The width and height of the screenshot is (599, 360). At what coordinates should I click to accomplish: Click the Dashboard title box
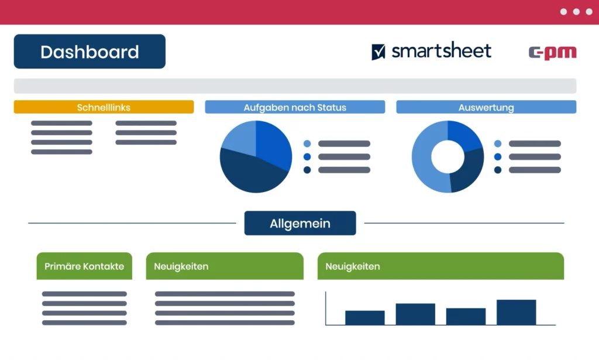pos(89,52)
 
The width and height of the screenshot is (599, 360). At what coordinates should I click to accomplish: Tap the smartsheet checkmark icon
pos(378,52)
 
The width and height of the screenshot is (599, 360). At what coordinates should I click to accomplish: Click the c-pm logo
pos(552,53)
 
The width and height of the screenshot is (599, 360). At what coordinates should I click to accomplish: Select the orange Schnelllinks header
pos(104,107)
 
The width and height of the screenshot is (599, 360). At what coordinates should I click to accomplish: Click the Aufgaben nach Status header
pos(295,107)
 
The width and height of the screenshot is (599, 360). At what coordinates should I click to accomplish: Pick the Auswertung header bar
pos(486,107)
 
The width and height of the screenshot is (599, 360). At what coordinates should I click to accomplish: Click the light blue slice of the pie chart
pos(240,138)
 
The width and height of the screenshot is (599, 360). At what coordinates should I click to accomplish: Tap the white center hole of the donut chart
pos(447,157)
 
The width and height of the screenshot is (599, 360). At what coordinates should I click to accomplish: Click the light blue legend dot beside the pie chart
pos(307,143)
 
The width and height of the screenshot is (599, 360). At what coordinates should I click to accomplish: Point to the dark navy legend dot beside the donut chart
pos(498,170)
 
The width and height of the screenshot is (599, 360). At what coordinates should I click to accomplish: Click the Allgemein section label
pos(300,223)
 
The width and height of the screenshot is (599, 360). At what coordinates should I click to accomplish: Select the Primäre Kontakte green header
pos(84,266)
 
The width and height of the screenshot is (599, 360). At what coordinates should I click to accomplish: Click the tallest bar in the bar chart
pos(516,313)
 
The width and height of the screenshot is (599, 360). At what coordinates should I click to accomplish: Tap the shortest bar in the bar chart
pos(365,318)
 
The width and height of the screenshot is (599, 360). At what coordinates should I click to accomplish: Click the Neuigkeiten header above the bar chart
pos(440,266)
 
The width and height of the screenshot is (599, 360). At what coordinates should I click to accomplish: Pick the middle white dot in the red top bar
pos(576,12)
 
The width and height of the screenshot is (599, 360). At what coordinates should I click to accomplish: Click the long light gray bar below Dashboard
pos(295,86)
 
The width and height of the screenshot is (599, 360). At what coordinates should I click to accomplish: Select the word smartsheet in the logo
pos(441,51)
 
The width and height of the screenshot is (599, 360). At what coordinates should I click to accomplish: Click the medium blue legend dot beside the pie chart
pos(307,157)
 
